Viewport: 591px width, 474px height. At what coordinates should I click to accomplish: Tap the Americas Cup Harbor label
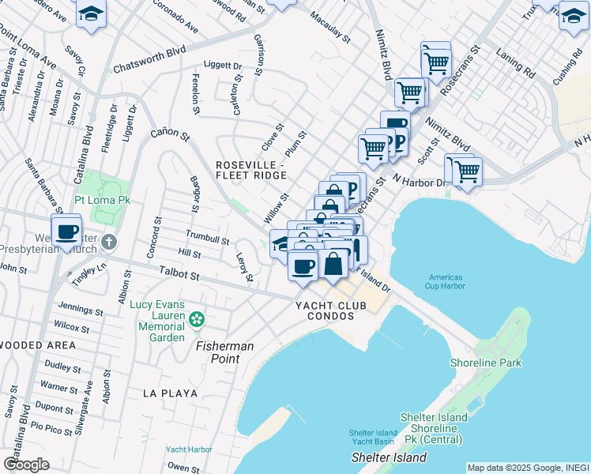450,281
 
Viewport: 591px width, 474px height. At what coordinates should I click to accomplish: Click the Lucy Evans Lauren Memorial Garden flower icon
197,320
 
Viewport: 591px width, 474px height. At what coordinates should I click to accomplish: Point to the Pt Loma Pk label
102,201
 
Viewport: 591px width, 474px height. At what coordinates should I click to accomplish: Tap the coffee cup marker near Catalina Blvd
66,231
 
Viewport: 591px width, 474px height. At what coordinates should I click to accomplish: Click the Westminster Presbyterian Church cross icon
109,243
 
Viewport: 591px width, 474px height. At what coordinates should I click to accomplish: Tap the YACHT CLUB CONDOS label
331,306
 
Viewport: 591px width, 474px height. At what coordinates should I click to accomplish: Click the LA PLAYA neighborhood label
170,393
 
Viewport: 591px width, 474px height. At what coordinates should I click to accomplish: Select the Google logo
26,464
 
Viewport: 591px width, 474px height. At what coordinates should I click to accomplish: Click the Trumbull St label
207,237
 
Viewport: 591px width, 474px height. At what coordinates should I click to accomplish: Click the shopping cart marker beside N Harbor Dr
466,170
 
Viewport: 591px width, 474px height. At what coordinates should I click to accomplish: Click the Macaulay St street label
329,26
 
